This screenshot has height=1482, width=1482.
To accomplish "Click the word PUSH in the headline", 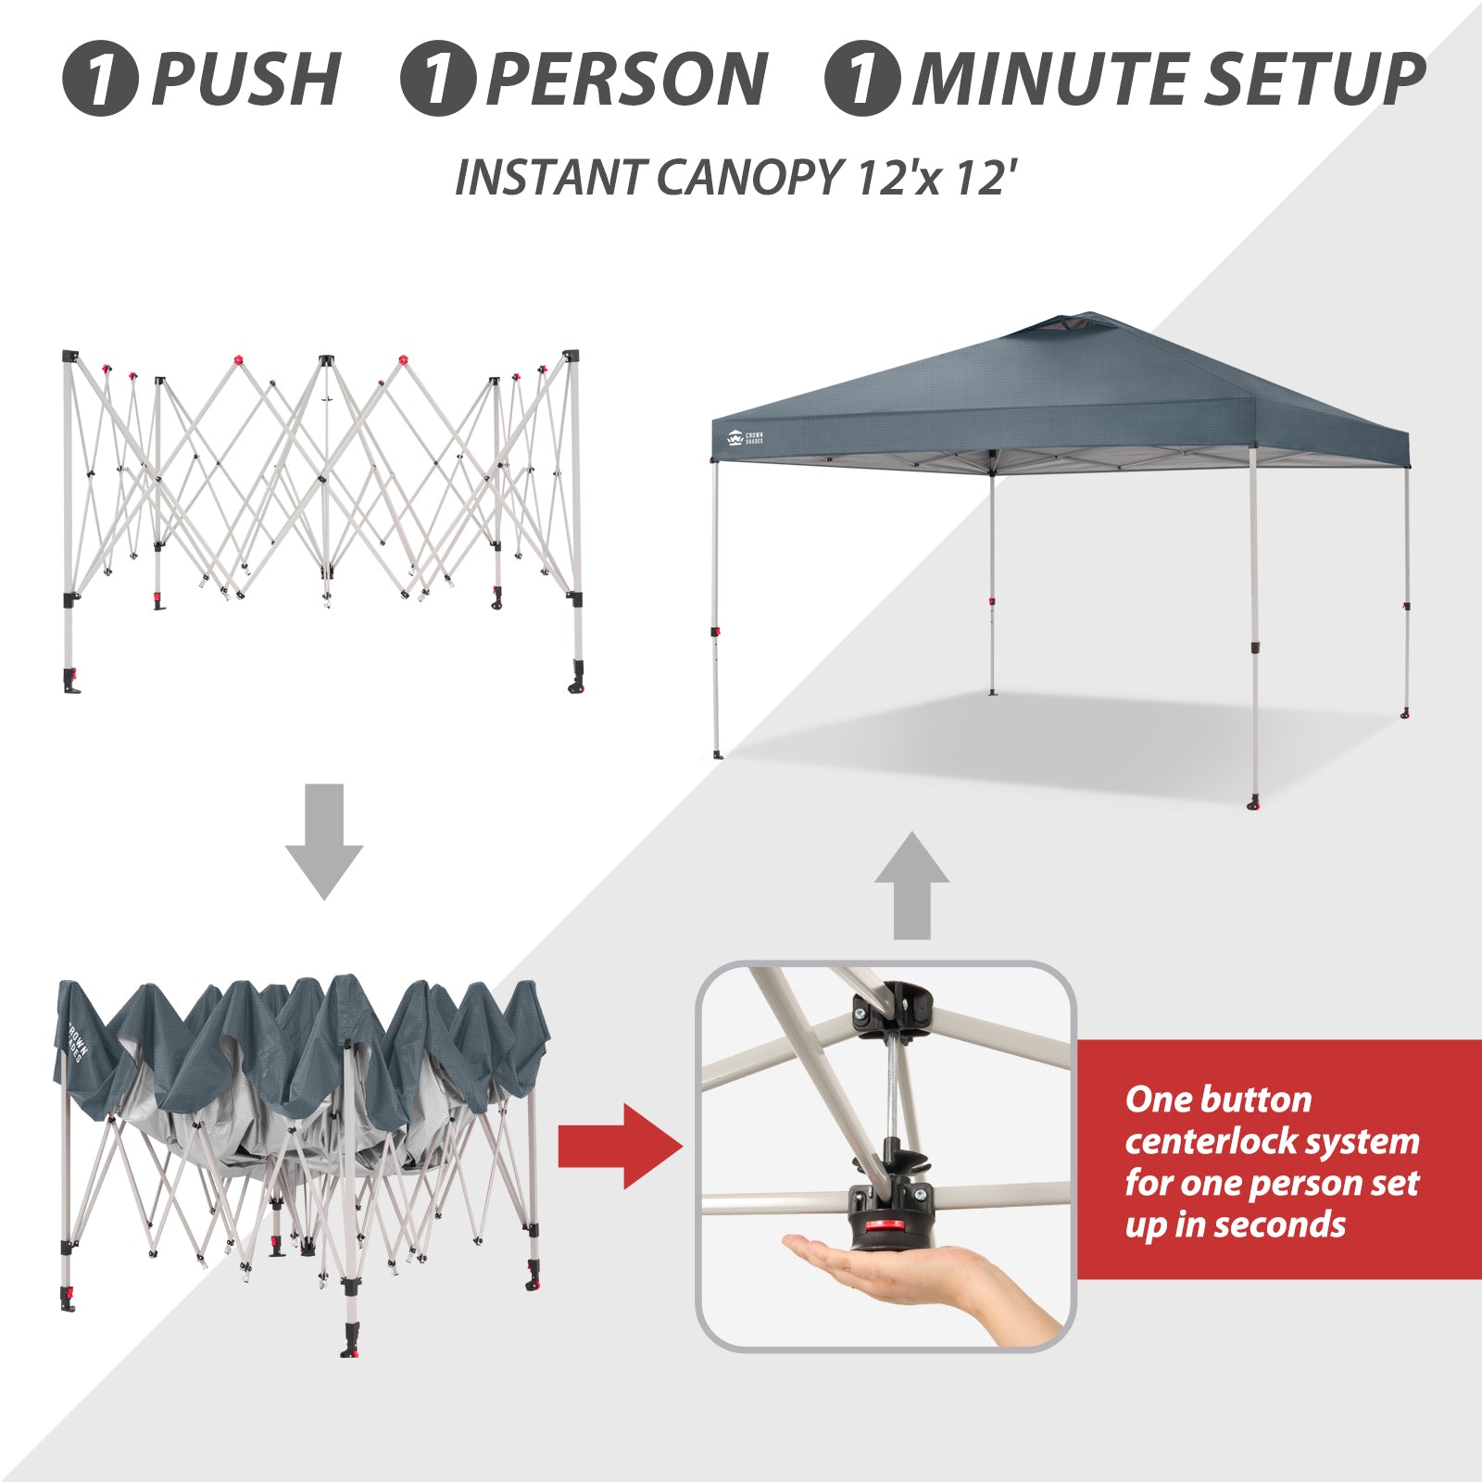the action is point(246,79).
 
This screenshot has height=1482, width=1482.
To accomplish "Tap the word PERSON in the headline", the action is point(627,79).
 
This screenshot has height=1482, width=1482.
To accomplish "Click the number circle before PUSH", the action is point(100,79).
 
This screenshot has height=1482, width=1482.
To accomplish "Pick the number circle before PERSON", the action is point(438,79).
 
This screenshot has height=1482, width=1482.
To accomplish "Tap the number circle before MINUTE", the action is point(861,79).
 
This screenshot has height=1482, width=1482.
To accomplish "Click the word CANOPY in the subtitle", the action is point(749,177).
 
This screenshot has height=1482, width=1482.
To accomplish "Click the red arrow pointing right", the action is point(620,1146).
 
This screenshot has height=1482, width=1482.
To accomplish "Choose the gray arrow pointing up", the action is point(912,885).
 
